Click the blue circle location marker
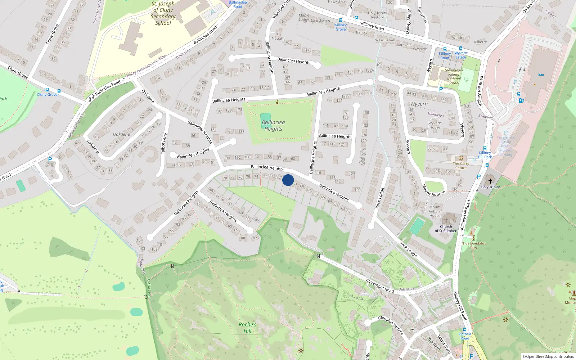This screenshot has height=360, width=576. click(x=288, y=180)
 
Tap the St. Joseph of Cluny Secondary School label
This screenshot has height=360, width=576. click(x=163, y=13)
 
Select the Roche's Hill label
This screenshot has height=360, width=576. click(x=247, y=328)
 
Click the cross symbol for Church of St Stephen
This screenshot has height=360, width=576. click(x=446, y=220)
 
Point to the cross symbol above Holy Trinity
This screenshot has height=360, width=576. click(x=490, y=181)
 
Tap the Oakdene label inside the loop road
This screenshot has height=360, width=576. click(x=121, y=134)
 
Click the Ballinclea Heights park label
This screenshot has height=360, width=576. click(x=273, y=126)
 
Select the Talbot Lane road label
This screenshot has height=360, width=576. click(x=164, y=143)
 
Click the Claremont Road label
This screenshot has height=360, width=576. click(x=380, y=285)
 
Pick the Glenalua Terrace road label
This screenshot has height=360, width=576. click(x=391, y=324)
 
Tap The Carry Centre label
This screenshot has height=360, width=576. click(x=461, y=166)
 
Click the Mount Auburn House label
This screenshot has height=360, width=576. click(x=435, y=211)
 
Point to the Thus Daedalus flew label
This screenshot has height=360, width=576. click(x=473, y=245)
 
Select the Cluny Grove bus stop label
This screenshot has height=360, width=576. click(x=47, y=94)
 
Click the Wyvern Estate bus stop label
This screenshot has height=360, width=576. click(x=461, y=55)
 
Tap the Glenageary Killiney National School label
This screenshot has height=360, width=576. click(x=454, y=77)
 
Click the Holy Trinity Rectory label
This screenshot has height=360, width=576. click(x=377, y=15)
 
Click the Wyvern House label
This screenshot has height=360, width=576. click(x=435, y=125)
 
